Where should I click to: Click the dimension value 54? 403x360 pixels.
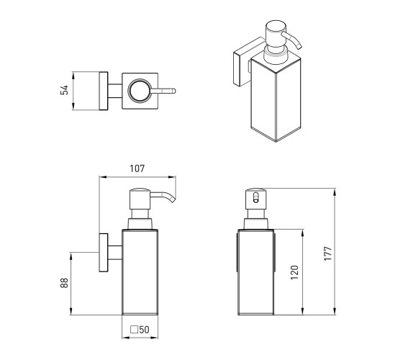(x=64, y=90)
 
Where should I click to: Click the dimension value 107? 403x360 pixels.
(x=137, y=168)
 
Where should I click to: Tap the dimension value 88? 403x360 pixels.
(x=64, y=283)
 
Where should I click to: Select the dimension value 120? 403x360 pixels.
(x=294, y=273)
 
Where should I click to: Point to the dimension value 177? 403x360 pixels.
(x=328, y=253)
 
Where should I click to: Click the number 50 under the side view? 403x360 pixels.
(x=144, y=330)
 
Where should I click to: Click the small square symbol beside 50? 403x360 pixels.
(x=134, y=330)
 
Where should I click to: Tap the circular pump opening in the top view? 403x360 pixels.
(x=140, y=91)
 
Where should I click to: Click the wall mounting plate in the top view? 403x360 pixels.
(x=104, y=91)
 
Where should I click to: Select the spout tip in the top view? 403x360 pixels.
(x=173, y=91)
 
